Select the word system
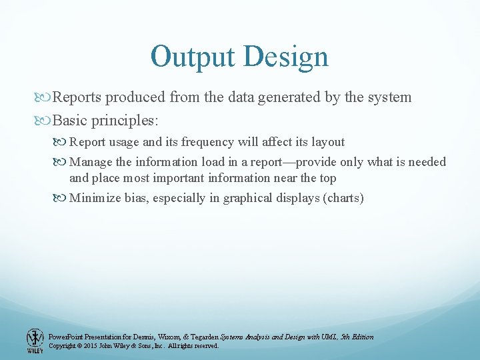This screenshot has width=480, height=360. tap(389, 97)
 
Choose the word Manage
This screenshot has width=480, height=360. tap(91, 162)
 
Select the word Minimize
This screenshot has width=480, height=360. tap(96, 198)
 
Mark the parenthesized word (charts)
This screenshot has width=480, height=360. tap(343, 198)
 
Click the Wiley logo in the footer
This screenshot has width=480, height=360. tap(35, 341)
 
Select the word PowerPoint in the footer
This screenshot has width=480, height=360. tap(65, 337)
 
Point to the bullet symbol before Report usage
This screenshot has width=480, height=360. tap(63, 142)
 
